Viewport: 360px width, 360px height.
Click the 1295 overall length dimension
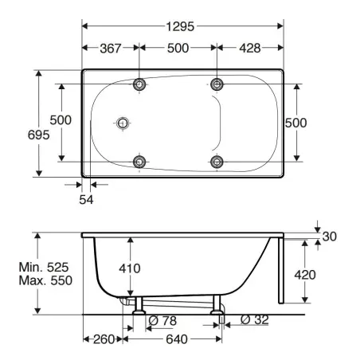coord(180,26)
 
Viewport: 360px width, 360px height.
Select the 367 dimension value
coord(111,49)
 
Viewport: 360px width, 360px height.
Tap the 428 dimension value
coord(250,49)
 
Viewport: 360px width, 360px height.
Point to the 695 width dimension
coord(39,135)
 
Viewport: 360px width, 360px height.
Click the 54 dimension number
coord(86,200)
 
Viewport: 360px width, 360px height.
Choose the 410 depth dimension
coord(130,268)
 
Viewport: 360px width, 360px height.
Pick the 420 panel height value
coord(305,275)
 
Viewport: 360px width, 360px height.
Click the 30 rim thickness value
coord(330,237)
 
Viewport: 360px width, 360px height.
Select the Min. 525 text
coord(44,267)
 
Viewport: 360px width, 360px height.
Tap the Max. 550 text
coord(45,280)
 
